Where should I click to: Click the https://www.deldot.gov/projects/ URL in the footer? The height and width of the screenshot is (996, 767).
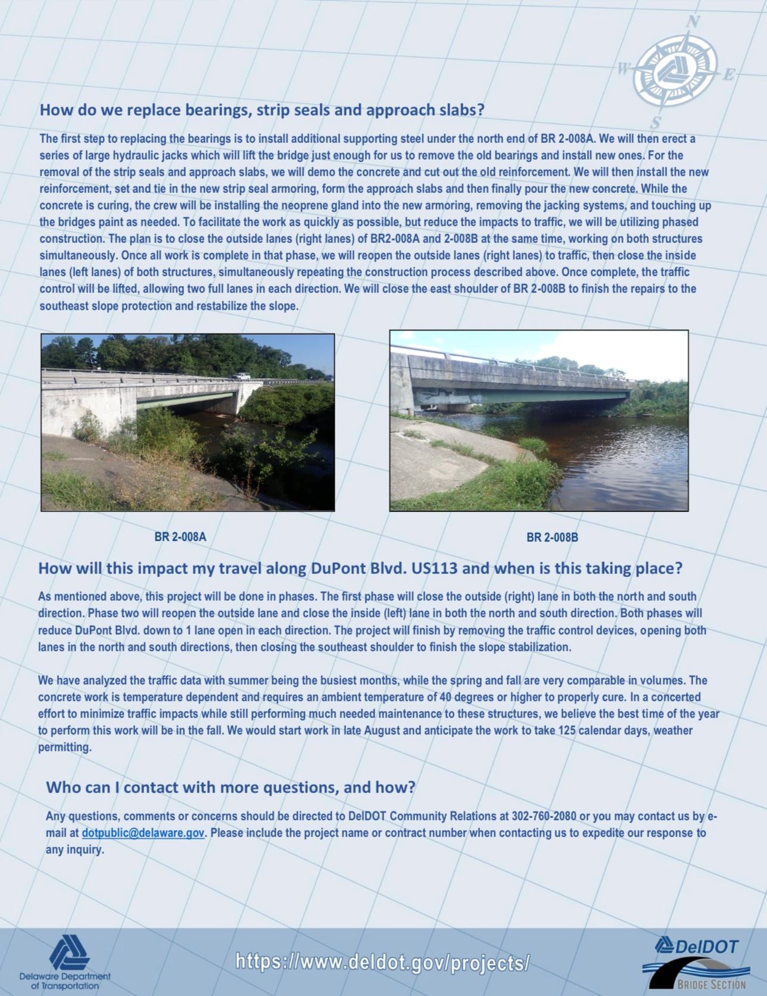[x=383, y=961]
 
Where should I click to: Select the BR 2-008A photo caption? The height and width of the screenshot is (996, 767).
[x=180, y=537]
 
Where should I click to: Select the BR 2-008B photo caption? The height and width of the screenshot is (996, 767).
[x=552, y=538]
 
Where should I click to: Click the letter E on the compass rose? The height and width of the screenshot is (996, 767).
[x=728, y=75]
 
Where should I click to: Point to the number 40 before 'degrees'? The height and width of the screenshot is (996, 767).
[x=444, y=697]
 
